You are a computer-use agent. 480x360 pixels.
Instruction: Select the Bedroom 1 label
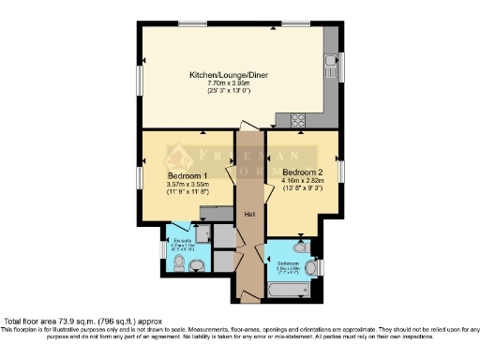(187, 176)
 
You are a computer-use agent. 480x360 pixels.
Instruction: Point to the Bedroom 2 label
(302, 172)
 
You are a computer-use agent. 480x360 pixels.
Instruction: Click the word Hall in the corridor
(249, 217)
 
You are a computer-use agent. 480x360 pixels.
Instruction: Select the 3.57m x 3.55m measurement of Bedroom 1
(187, 185)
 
